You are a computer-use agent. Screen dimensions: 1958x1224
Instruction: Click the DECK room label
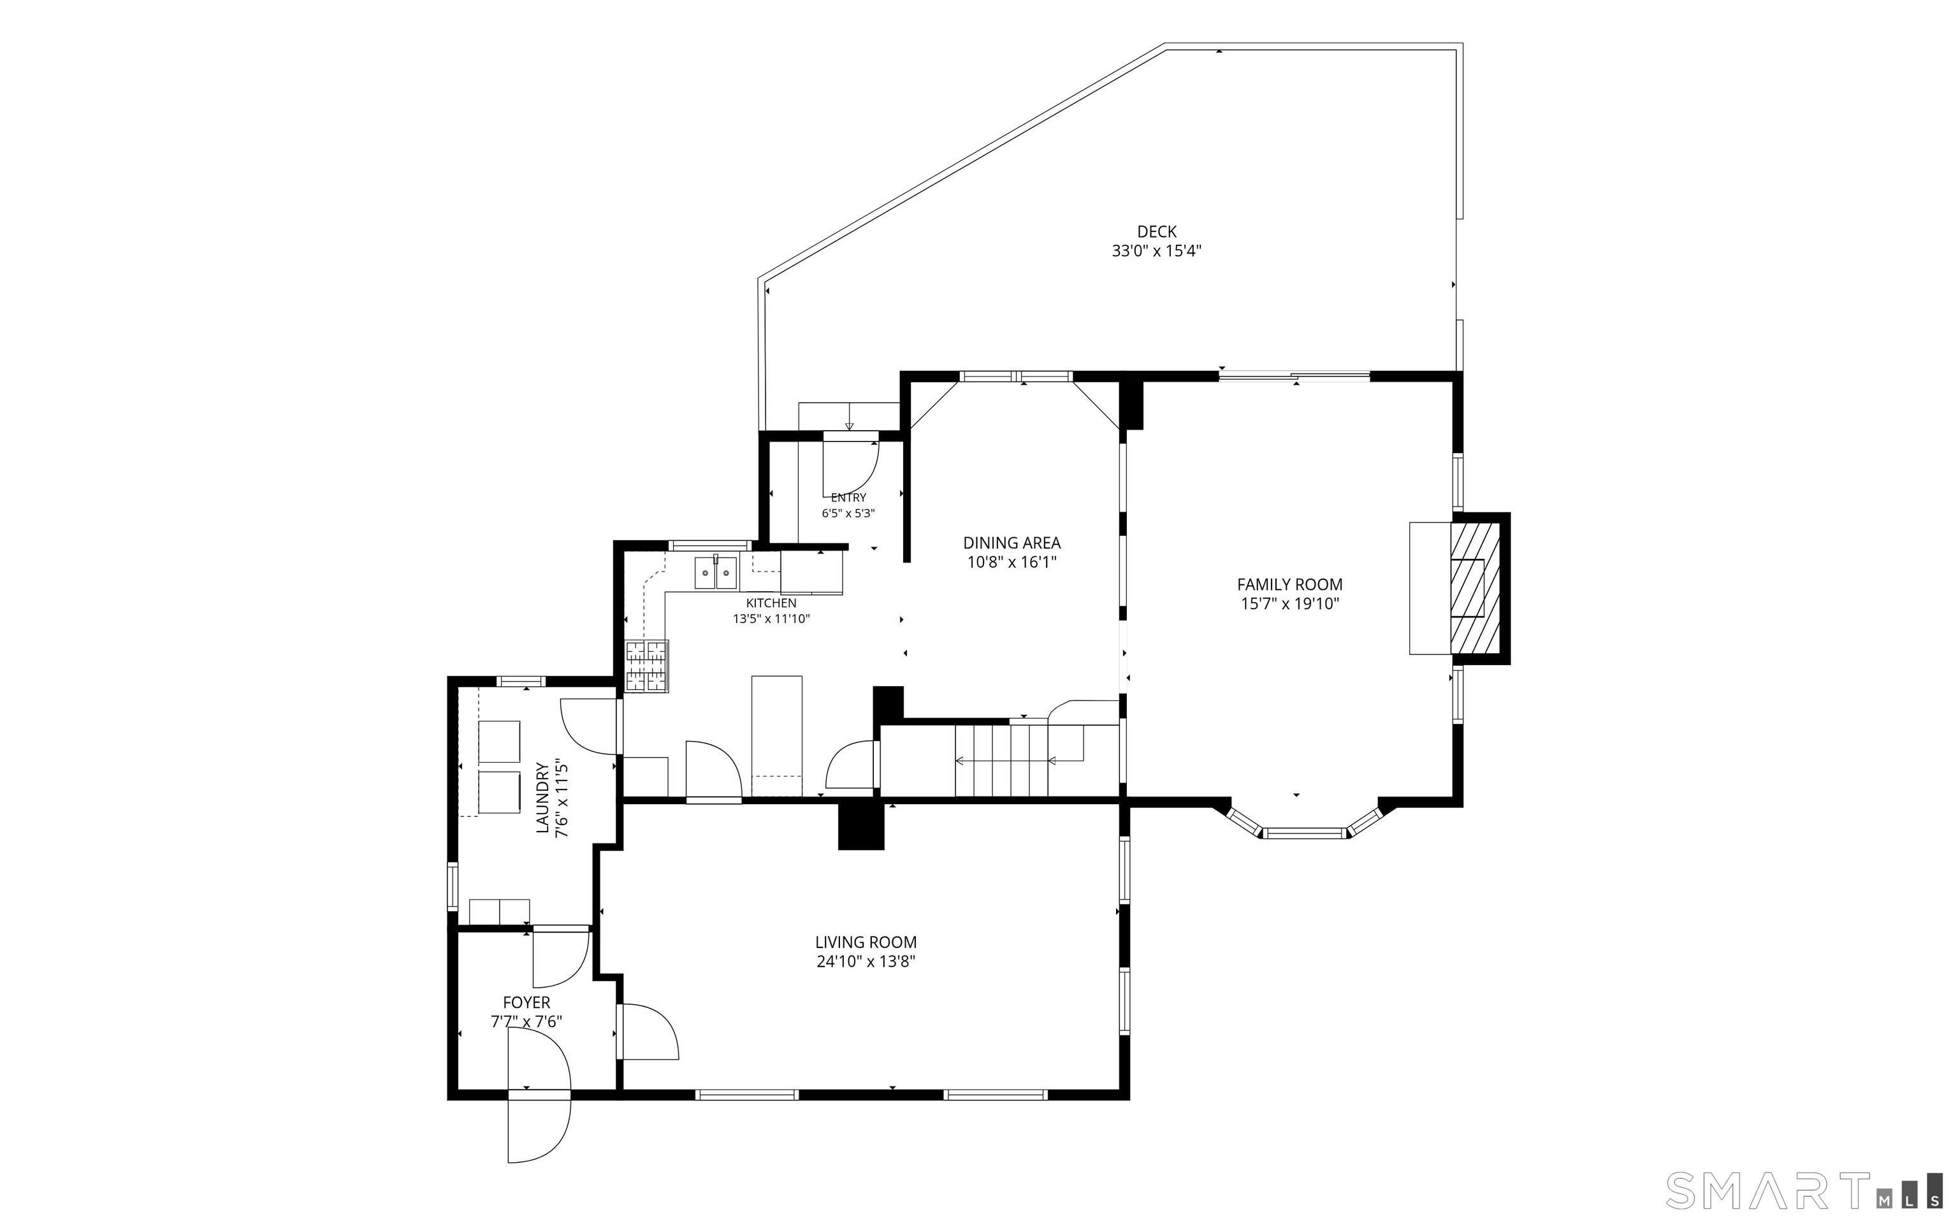coord(1156,231)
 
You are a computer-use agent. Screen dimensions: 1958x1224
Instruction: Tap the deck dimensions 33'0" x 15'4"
coord(1156,251)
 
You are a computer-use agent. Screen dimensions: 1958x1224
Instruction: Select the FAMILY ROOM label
coord(1290,584)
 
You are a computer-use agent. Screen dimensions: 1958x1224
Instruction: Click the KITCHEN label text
coord(771,603)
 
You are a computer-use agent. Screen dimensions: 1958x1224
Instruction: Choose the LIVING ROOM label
coord(866,942)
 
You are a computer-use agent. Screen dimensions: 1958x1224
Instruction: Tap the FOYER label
coord(526,1002)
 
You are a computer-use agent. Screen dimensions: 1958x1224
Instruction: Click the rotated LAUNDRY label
coord(542,797)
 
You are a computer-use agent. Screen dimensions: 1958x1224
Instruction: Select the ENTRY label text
coord(848,497)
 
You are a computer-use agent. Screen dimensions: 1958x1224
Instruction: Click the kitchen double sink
coord(716,573)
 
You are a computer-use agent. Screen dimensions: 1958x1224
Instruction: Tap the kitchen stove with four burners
coord(647,666)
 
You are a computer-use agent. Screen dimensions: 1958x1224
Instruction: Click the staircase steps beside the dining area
coord(1002,760)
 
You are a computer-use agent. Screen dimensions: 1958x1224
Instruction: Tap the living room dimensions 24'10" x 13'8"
coord(866,961)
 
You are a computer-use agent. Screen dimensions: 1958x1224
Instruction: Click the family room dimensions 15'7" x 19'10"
coord(1290,603)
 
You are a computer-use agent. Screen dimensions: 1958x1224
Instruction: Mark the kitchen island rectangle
coord(778,737)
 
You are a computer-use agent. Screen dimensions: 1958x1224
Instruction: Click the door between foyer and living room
coord(647,1032)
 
